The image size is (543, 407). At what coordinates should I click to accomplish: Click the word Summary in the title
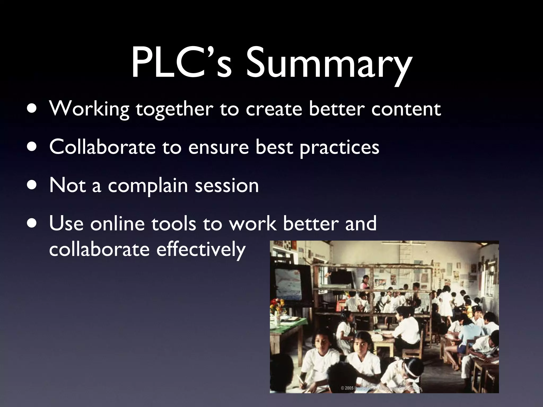pos(329,65)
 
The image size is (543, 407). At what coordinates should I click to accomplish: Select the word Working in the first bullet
pos(89,109)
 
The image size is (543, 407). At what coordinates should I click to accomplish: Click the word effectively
pos(201,250)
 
